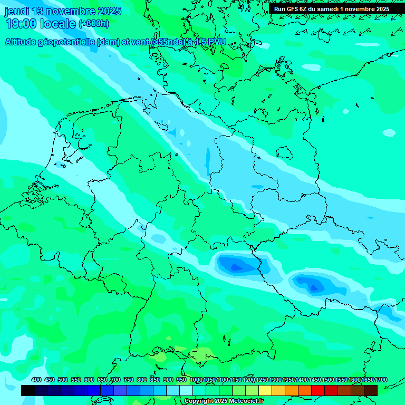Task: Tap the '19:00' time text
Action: point(21,24)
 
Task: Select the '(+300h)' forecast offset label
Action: point(93,24)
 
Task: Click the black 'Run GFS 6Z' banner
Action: point(332,9)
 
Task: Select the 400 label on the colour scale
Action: point(36,380)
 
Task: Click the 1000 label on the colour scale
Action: point(196,380)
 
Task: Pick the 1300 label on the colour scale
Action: point(275,380)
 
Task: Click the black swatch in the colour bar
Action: point(28,391)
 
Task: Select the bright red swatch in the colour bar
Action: point(318,391)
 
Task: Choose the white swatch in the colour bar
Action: point(186,391)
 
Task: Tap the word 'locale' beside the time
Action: point(58,24)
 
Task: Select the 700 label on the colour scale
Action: point(115,380)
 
